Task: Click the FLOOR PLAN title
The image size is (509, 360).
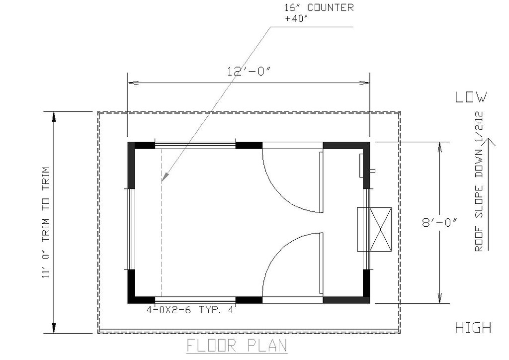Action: click(x=237, y=346)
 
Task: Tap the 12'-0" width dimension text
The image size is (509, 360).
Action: click(x=249, y=71)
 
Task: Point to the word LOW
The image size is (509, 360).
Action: click(x=471, y=97)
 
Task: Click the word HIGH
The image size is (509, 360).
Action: click(x=473, y=328)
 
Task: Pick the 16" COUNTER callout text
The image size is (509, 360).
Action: click(x=319, y=7)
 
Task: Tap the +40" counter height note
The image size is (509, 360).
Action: click(x=296, y=18)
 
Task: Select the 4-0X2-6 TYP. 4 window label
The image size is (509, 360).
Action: click(x=190, y=310)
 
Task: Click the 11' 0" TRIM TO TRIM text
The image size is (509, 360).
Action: click(x=46, y=223)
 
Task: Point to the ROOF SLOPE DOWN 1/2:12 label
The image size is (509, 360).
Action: click(x=479, y=182)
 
